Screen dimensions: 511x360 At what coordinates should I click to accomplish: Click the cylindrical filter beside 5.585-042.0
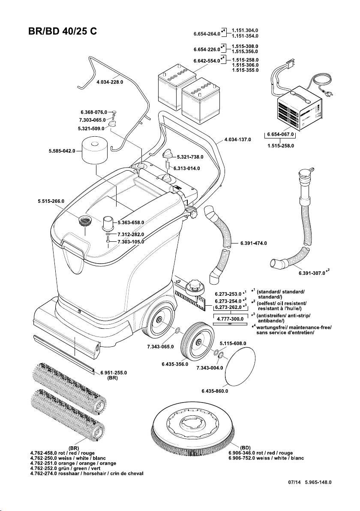pyautogui.click(x=96, y=150)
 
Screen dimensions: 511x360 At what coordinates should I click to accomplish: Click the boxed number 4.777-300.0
pyautogui.click(x=230, y=319)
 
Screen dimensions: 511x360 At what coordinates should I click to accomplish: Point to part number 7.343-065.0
pyautogui.click(x=160, y=346)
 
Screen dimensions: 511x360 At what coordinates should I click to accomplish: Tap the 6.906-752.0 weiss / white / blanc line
pyautogui.click(x=266, y=458)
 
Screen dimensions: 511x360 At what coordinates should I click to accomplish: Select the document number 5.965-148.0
pyautogui.click(x=318, y=482)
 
